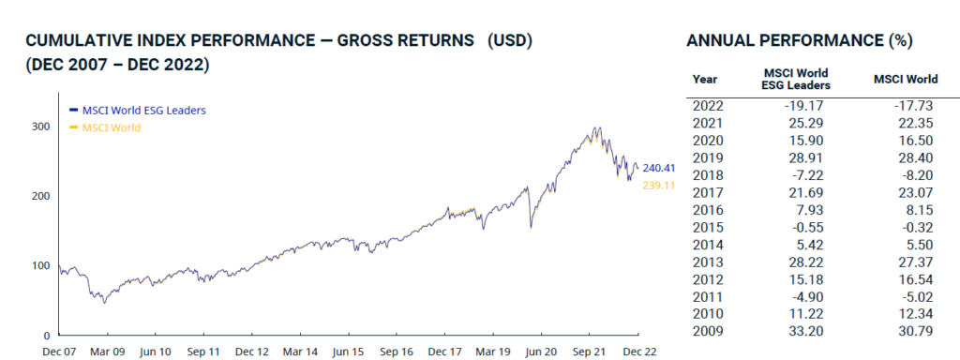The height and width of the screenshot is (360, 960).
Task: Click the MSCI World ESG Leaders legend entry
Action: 143,110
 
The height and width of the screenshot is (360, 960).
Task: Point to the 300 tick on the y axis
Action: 41,126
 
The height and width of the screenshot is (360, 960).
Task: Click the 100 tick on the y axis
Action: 41,265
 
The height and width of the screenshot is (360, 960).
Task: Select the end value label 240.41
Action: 658,169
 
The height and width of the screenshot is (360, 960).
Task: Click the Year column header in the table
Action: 704,79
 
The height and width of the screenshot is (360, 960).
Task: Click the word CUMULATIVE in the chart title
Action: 76,42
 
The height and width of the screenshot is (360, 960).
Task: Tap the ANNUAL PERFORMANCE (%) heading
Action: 800,42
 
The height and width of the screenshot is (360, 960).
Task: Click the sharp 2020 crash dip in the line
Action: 531,226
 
